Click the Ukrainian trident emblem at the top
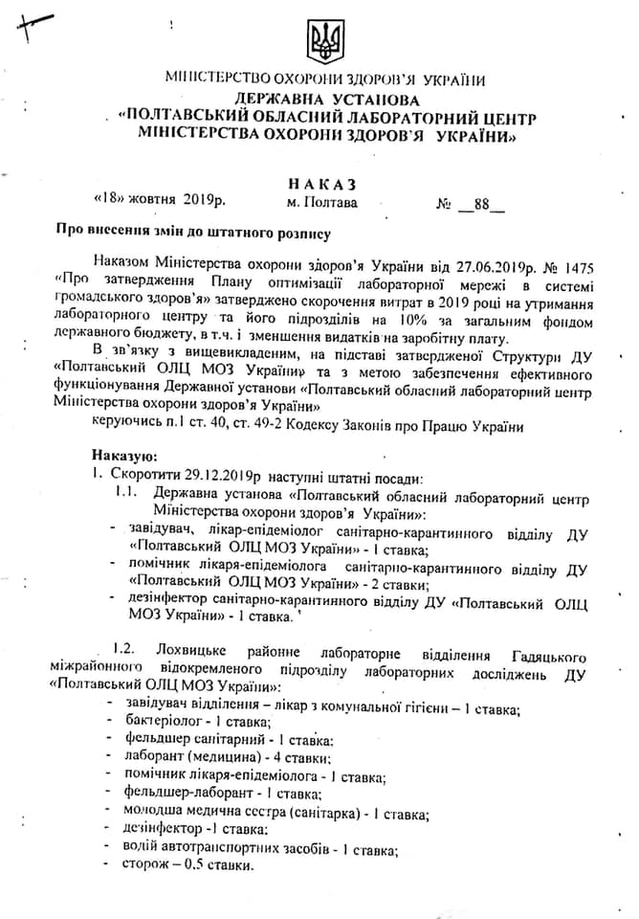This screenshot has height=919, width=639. pyautogui.click(x=324, y=41)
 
